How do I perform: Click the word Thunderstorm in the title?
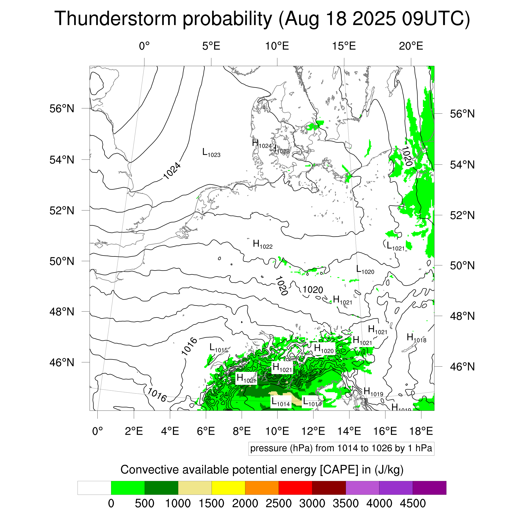pos(115,19)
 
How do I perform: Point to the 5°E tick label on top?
pos(211,46)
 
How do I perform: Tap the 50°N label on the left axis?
pos(62,261)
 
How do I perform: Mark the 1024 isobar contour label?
pos(172,171)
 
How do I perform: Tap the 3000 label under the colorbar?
pos(312,503)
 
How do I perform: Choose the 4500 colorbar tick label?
pos(412,503)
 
